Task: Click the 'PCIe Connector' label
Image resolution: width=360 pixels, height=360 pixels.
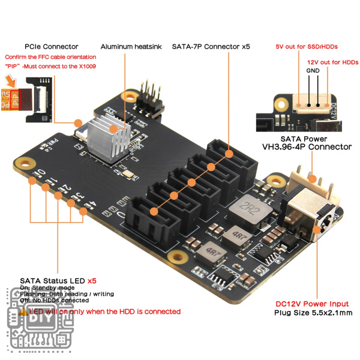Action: (x=52, y=46)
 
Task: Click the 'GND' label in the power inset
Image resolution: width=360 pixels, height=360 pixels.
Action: (x=313, y=70)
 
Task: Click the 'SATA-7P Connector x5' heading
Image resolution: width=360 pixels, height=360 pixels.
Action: (x=211, y=46)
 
